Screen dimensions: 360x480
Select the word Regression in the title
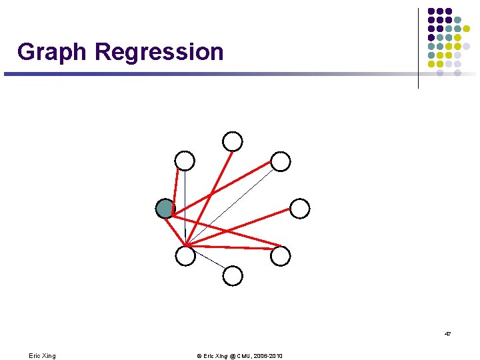[159, 51]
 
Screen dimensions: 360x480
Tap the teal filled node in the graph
[165, 209]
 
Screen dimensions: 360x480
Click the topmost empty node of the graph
[233, 141]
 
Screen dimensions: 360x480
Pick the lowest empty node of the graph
[233, 275]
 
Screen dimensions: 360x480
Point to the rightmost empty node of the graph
[300, 209]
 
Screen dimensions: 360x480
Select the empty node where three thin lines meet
[185, 255]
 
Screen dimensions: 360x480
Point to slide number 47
[447, 333]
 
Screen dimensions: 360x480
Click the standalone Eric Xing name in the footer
[42, 356]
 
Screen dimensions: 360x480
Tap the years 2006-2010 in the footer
[268, 356]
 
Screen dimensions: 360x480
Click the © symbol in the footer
[199, 356]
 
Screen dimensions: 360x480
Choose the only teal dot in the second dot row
[457, 20]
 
